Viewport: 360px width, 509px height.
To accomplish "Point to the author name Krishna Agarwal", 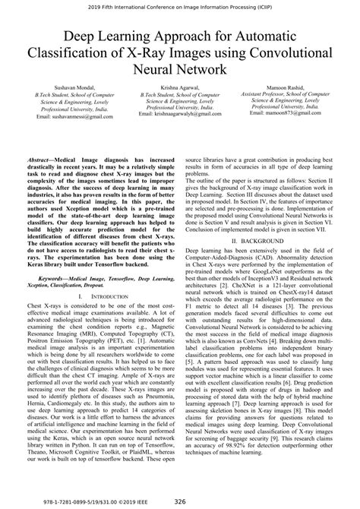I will (179, 89).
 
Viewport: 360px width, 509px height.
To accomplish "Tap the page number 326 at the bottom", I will (179, 501).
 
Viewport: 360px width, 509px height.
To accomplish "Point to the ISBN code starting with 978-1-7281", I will (57, 501).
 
